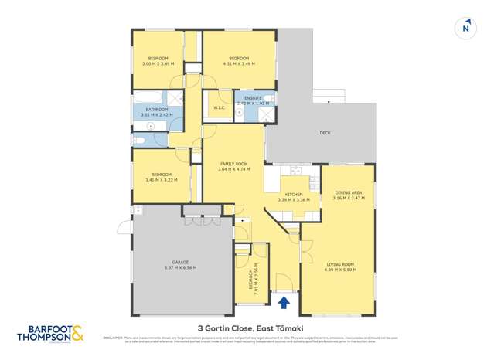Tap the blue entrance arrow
pos(284,301)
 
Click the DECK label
pos(325,133)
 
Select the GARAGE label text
pos(180,262)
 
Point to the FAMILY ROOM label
pos(233,164)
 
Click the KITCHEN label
pos(294,195)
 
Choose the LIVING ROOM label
pos(340,264)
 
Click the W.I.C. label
pos(219,107)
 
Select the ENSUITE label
pos(253,98)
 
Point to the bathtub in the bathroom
pos(147,97)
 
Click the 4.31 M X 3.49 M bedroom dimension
pos(238,63)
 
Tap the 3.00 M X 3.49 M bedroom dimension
pos(158,63)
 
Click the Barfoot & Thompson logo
pos(50,333)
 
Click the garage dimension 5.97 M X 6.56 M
pos(180,267)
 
